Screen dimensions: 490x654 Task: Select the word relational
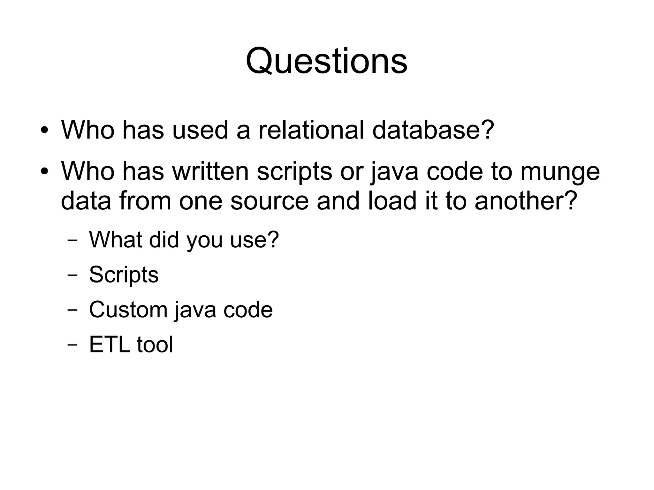(x=311, y=130)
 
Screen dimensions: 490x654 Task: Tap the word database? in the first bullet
(x=433, y=130)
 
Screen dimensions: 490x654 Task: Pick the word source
(x=269, y=201)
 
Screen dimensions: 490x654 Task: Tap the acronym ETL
(x=110, y=344)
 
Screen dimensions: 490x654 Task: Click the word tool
(x=155, y=344)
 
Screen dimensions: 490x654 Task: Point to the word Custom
(x=128, y=309)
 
